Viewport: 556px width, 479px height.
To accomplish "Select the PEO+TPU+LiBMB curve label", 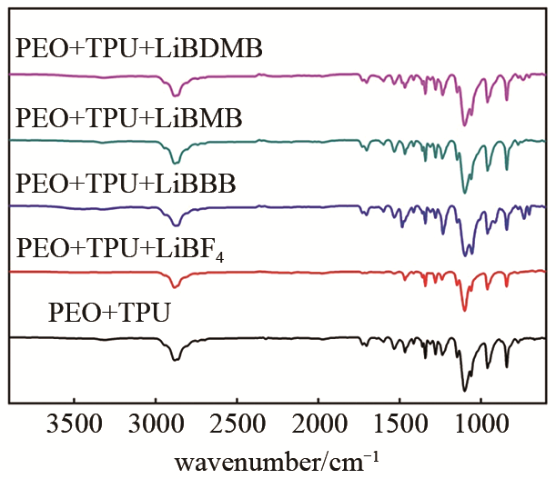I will coord(129,117).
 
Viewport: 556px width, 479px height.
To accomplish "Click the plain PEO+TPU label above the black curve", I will coord(111,315).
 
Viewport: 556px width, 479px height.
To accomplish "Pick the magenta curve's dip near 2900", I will coord(176,95).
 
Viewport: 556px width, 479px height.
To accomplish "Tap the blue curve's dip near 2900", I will coord(176,225).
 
